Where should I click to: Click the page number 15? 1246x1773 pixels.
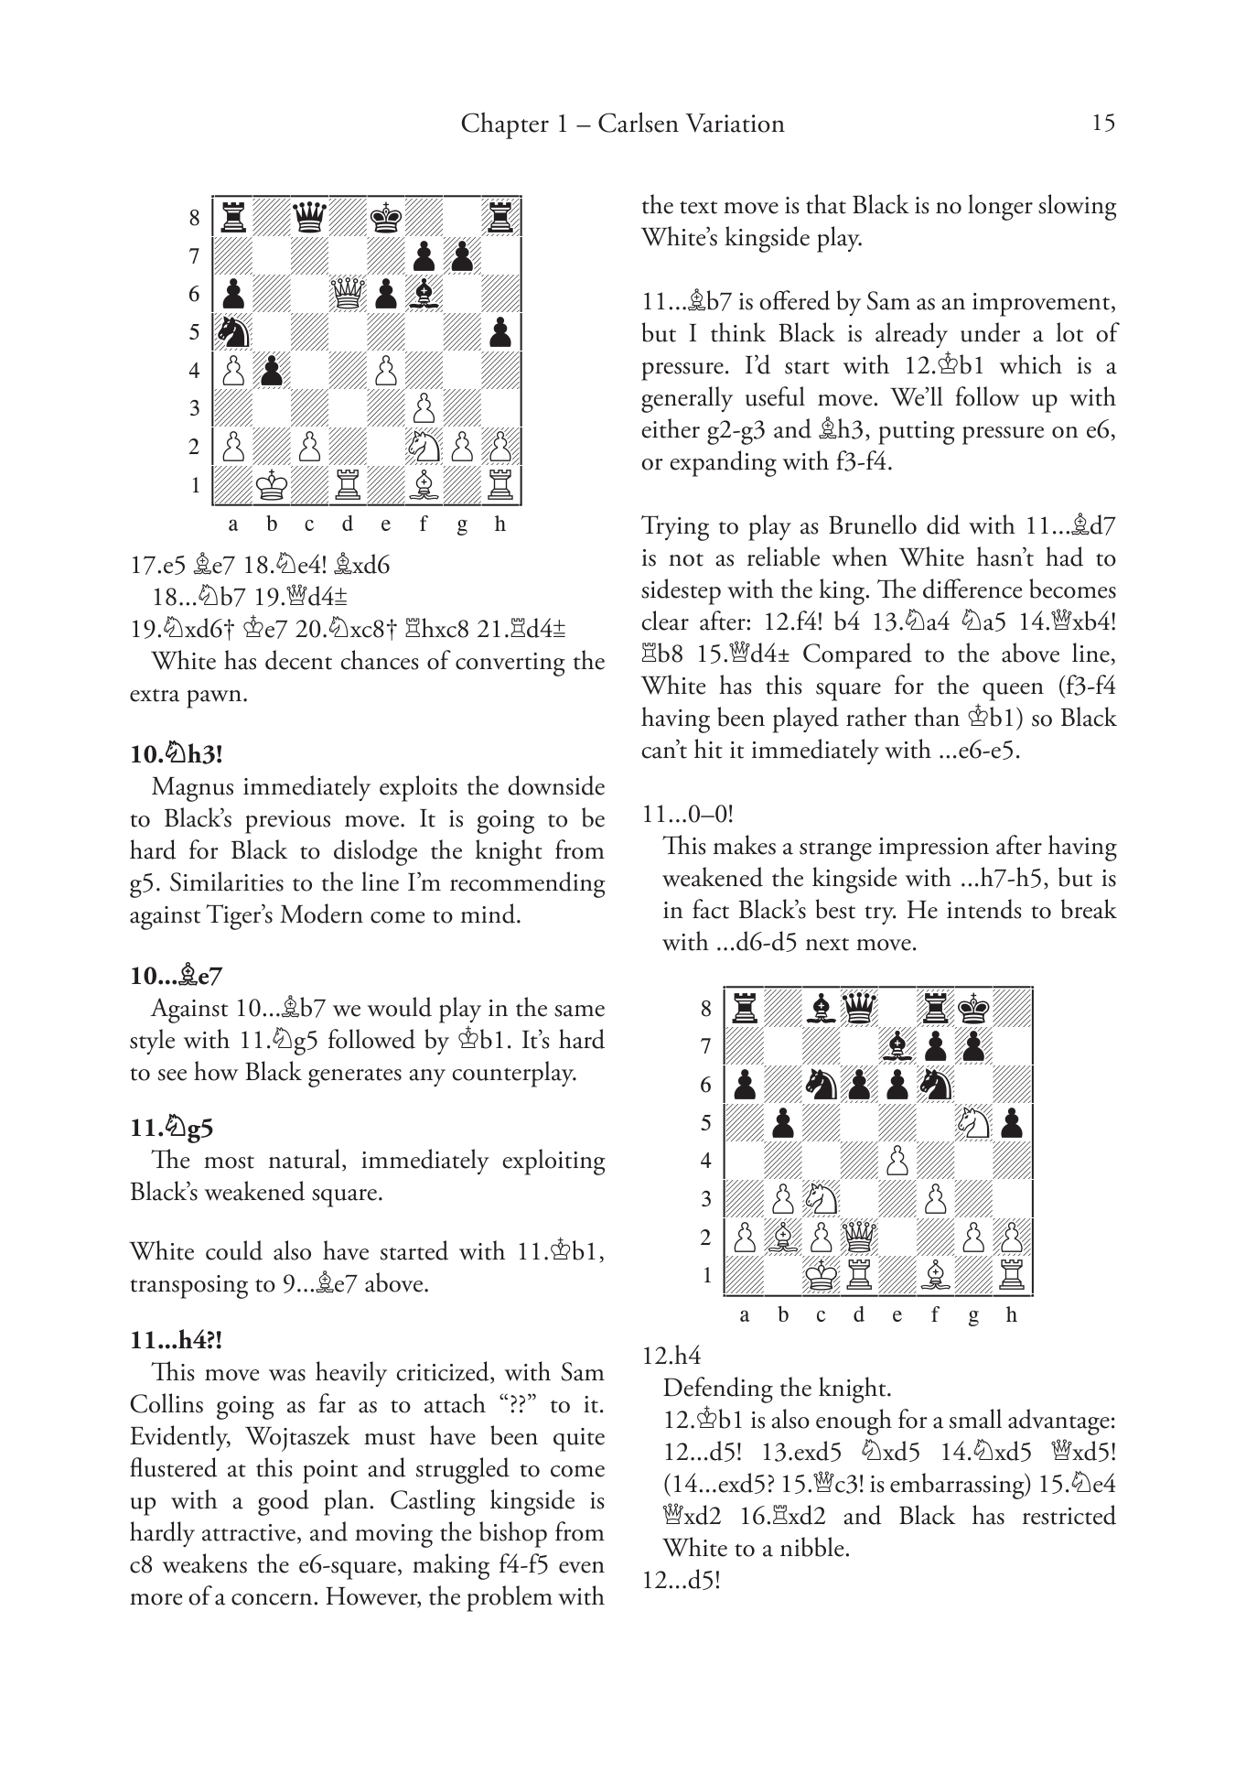click(1103, 124)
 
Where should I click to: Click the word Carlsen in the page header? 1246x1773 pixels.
click(639, 124)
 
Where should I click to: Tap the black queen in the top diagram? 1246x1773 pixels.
click(309, 218)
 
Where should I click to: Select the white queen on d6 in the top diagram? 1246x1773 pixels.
click(348, 294)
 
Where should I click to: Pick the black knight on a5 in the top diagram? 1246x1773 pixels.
click(233, 332)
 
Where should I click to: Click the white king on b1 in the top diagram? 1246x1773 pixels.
click(272, 485)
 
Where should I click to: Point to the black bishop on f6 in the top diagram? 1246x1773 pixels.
click(424, 294)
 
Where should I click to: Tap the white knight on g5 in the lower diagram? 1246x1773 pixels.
click(973, 1123)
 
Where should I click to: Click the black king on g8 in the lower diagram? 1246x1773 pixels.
click(973, 1009)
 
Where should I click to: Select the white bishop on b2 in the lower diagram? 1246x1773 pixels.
click(783, 1238)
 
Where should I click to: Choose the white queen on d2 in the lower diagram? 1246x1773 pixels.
click(859, 1238)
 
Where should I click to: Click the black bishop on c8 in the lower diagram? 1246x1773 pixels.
click(822, 1009)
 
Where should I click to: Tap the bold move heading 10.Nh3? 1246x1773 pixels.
click(177, 754)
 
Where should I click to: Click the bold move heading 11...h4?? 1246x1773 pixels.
click(177, 1340)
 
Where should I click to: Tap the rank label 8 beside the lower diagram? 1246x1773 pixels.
click(705, 1009)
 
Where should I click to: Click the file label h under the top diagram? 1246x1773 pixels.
click(499, 524)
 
